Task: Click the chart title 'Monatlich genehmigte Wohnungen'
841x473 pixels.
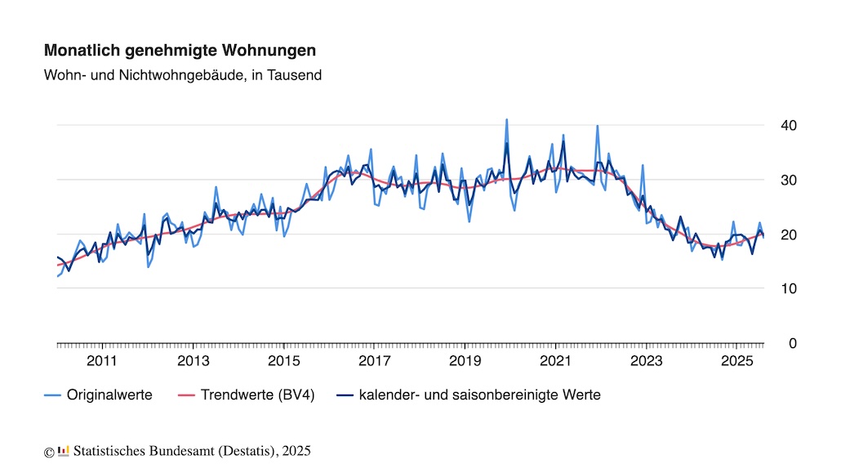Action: coord(180,51)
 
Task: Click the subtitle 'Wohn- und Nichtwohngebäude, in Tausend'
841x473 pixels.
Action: coord(183,75)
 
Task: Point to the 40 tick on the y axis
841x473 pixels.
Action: coord(788,125)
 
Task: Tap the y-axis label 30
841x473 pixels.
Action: coord(788,180)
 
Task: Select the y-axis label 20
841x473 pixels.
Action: coord(788,234)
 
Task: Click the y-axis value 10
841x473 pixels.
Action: coord(788,289)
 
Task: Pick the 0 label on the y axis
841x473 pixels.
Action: coord(791,344)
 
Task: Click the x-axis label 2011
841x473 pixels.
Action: coord(102,361)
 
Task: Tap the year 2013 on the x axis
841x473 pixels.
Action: coord(193,361)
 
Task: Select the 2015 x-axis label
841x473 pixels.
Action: coord(283,361)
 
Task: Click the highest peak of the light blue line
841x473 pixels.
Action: coord(506,119)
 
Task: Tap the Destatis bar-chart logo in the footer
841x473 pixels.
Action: coord(64,450)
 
